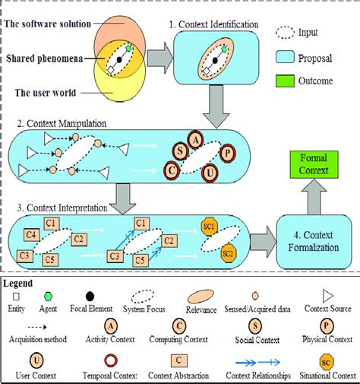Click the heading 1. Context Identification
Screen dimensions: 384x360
tap(218, 24)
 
